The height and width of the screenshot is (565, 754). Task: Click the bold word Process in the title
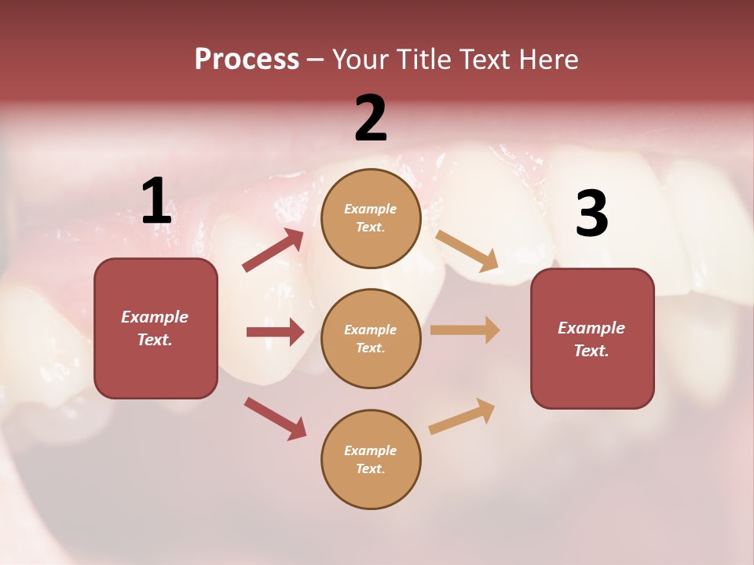click(247, 60)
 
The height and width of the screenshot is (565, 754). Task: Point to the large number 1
click(156, 201)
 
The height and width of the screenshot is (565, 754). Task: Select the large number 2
click(371, 119)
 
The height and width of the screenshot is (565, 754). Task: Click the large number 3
click(591, 213)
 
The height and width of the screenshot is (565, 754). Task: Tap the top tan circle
click(371, 218)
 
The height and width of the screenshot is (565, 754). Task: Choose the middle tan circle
click(371, 339)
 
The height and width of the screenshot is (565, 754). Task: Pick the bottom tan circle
click(371, 460)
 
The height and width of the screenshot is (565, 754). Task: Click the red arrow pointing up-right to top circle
click(273, 250)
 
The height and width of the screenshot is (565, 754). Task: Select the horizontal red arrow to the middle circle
click(275, 332)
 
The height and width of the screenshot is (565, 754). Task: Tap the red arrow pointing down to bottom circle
click(275, 418)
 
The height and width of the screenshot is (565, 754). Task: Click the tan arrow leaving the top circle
click(467, 251)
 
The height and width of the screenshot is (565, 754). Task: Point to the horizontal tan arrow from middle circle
click(465, 330)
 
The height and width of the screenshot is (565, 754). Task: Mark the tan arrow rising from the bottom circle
click(462, 416)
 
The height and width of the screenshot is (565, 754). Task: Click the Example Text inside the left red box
click(155, 328)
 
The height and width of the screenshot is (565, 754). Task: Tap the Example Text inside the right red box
click(591, 339)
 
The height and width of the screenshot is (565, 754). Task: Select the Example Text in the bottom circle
click(370, 459)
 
